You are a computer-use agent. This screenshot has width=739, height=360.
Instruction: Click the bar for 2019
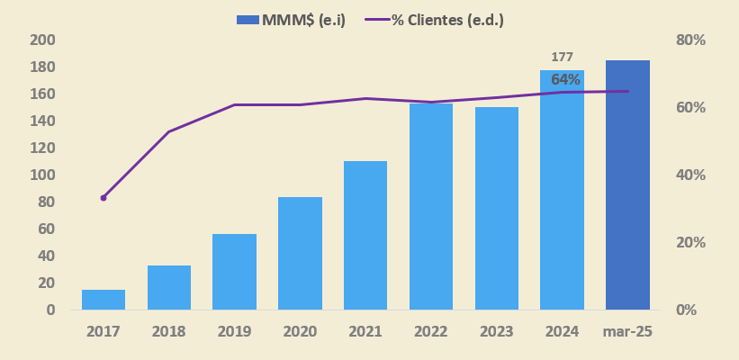234,272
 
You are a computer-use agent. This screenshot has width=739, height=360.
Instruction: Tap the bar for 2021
365,235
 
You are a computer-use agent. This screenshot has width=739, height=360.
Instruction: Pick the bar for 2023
497,208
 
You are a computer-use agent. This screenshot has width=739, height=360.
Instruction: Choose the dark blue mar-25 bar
627,184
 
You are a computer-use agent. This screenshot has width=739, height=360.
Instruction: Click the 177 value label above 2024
562,57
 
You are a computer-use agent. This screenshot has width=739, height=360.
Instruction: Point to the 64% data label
565,79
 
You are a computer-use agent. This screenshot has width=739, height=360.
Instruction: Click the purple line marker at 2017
104,197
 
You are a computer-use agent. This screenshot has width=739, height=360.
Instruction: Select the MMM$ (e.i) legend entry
291,20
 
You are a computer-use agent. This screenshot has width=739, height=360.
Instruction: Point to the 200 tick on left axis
42,40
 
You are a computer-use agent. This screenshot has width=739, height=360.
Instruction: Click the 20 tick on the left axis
46,283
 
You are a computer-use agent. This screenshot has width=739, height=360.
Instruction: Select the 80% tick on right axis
690,40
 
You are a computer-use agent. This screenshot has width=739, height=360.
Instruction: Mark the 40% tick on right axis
690,175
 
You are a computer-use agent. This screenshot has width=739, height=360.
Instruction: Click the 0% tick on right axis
687,310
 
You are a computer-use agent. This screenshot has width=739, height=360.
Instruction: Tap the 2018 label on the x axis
169,331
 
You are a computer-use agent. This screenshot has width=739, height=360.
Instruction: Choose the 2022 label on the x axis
431,331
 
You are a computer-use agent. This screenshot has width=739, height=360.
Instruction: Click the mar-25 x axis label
627,331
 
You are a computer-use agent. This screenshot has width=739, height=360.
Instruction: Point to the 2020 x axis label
300,331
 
